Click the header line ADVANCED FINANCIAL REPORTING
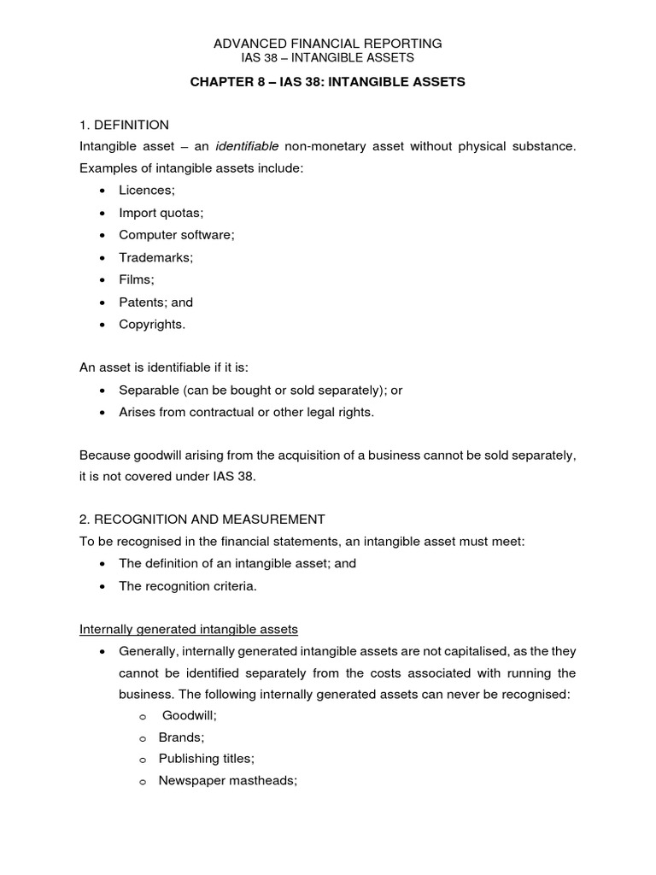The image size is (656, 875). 328,43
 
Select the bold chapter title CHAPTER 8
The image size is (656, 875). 328,82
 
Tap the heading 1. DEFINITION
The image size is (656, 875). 124,125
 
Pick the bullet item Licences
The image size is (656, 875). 146,191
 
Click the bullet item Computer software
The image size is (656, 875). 176,235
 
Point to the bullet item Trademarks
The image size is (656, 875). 155,257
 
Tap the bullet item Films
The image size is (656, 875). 137,279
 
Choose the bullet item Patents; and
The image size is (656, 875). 155,302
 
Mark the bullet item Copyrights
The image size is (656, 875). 151,324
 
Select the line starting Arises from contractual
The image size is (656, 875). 246,413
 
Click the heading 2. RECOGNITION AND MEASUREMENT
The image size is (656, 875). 202,519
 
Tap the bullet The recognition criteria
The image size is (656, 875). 187,585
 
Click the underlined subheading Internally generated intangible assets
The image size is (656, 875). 189,630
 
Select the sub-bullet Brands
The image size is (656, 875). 181,737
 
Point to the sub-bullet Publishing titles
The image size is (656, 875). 207,759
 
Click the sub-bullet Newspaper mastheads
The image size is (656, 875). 227,781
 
